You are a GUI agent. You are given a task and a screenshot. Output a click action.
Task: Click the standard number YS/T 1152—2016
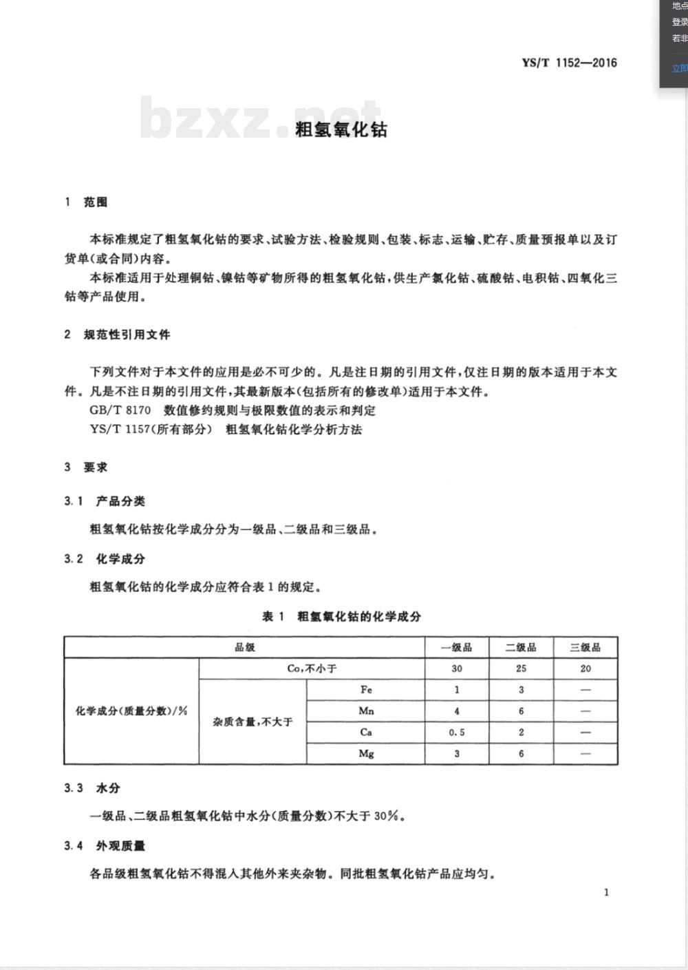(569, 63)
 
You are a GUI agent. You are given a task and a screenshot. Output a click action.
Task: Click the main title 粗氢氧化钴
(341, 129)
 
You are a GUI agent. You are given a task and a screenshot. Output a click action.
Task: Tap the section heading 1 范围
(86, 202)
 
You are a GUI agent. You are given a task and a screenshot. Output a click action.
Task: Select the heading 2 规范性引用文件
(117, 335)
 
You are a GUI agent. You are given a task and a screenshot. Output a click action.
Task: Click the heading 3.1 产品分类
(105, 501)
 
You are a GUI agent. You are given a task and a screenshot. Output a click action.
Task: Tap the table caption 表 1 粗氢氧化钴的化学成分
(341, 616)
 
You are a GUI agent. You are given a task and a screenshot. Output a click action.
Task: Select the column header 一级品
(457, 647)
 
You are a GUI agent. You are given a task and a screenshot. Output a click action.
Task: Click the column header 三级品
(585, 647)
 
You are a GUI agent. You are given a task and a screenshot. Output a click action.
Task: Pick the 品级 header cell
(245, 647)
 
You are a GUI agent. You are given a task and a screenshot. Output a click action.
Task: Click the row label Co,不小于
(312, 668)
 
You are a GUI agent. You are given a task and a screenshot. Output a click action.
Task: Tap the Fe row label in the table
(366, 689)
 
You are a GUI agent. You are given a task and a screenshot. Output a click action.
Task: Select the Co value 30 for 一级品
(457, 668)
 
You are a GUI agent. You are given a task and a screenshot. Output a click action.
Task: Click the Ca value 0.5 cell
(457, 732)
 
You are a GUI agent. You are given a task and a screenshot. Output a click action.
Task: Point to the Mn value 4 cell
(457, 711)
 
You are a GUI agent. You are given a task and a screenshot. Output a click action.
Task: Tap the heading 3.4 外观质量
(105, 845)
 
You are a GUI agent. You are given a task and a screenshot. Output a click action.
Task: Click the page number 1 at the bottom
(606, 892)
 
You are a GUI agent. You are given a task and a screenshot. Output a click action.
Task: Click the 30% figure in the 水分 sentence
(386, 816)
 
